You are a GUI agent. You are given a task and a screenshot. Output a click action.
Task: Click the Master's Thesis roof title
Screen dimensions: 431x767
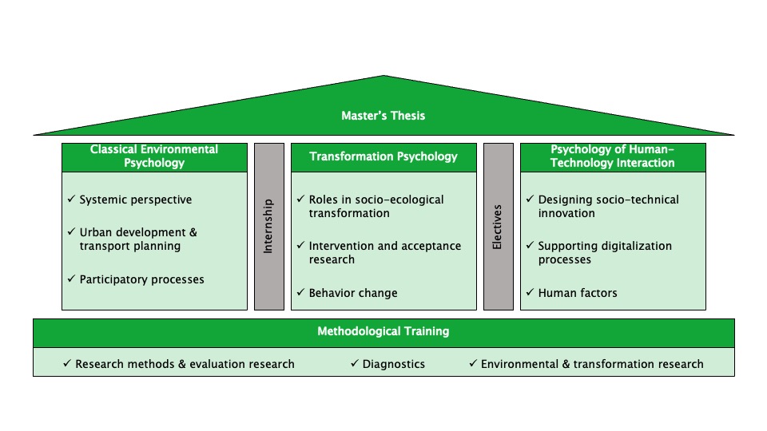[x=383, y=116]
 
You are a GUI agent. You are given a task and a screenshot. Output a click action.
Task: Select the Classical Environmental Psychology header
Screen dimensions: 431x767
[x=154, y=156]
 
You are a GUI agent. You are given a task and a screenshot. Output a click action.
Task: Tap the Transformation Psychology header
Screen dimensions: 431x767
[x=383, y=156]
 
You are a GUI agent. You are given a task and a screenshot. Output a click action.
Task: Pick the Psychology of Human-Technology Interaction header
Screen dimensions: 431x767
[x=613, y=156]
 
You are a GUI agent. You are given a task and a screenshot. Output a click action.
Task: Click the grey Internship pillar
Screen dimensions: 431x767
[x=268, y=226]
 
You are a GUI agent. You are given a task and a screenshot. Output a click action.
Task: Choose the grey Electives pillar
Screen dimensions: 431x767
[x=498, y=226]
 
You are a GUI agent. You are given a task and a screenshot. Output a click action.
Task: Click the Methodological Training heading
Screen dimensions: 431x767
[x=383, y=331]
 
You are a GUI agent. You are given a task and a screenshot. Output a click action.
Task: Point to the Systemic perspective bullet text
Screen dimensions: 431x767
[x=136, y=200]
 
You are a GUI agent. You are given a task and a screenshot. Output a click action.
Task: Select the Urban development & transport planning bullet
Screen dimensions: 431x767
[x=138, y=239]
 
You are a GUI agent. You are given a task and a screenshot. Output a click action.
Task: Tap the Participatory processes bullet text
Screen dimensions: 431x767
[x=141, y=279]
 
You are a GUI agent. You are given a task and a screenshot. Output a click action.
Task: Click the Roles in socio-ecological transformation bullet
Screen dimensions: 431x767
[x=376, y=207]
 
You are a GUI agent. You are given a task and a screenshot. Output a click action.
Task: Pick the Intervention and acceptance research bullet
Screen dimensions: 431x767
[x=385, y=252]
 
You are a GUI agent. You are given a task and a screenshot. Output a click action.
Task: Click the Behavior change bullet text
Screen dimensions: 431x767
[x=353, y=293]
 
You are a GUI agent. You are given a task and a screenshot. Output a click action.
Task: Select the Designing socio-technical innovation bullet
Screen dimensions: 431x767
[x=608, y=207]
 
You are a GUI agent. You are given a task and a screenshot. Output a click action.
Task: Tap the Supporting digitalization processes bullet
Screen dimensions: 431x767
[x=605, y=252]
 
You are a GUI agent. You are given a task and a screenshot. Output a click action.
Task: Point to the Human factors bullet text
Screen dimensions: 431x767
[x=578, y=293]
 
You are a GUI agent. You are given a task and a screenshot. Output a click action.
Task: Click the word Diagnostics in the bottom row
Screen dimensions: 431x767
[x=394, y=364]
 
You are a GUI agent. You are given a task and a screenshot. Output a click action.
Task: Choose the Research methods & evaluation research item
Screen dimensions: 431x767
[x=185, y=364]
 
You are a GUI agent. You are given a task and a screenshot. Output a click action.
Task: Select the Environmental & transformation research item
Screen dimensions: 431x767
[x=592, y=364]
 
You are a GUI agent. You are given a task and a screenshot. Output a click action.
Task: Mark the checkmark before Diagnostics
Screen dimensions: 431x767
[x=355, y=364]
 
